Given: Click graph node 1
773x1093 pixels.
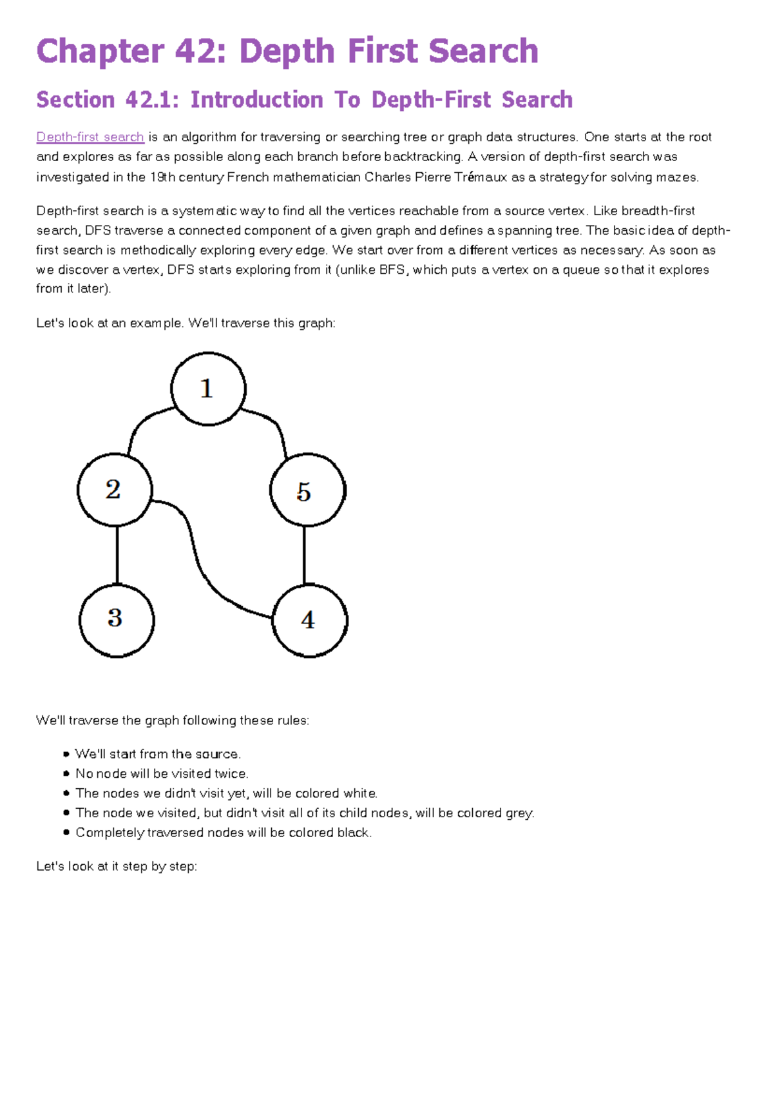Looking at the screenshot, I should pos(207,389).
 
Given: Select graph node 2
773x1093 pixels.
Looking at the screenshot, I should pos(115,490).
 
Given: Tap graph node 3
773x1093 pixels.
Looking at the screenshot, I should pos(116,620).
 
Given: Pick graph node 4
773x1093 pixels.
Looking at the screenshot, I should pos(310,620).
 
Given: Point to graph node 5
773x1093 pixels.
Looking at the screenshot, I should pos(307,490).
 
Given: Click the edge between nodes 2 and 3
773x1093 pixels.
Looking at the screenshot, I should pos(117,556).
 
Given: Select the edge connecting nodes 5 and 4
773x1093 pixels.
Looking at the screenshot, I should pos(304,556).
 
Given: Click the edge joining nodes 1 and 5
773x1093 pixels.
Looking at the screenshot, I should pos(275,425).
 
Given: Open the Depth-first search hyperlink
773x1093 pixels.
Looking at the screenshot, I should pos(90,137).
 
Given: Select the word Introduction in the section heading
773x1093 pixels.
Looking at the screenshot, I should pos(256,100).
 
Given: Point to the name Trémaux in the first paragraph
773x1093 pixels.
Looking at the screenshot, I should pos(481,177).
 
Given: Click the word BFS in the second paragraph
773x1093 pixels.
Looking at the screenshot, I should pos(393,270).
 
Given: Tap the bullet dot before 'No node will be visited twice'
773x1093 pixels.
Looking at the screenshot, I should pos(66,773).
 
